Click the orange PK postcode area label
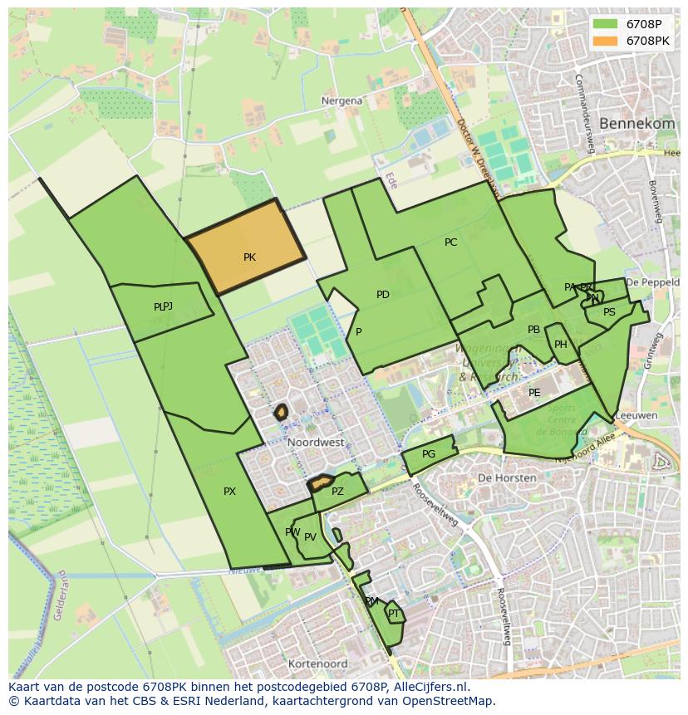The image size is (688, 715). click(249, 257)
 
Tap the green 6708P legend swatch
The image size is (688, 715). click(606, 23)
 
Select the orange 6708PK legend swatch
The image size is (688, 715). click(606, 40)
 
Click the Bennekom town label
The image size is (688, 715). click(636, 123)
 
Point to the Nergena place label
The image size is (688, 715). click(342, 100)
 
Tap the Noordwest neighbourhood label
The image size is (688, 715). click(316, 443)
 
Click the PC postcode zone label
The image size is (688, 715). click(450, 242)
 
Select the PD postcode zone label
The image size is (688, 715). click(382, 295)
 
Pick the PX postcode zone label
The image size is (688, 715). click(229, 492)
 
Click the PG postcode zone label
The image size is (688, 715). click(429, 454)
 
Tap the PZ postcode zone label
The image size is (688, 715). click(337, 492)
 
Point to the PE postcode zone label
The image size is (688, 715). click(534, 393)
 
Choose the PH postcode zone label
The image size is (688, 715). click(561, 345)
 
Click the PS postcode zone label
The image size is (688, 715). click(609, 312)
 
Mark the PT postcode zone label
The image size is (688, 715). click(394, 614)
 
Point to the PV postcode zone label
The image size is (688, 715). click(310, 537)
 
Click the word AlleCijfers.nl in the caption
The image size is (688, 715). click(428, 687)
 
